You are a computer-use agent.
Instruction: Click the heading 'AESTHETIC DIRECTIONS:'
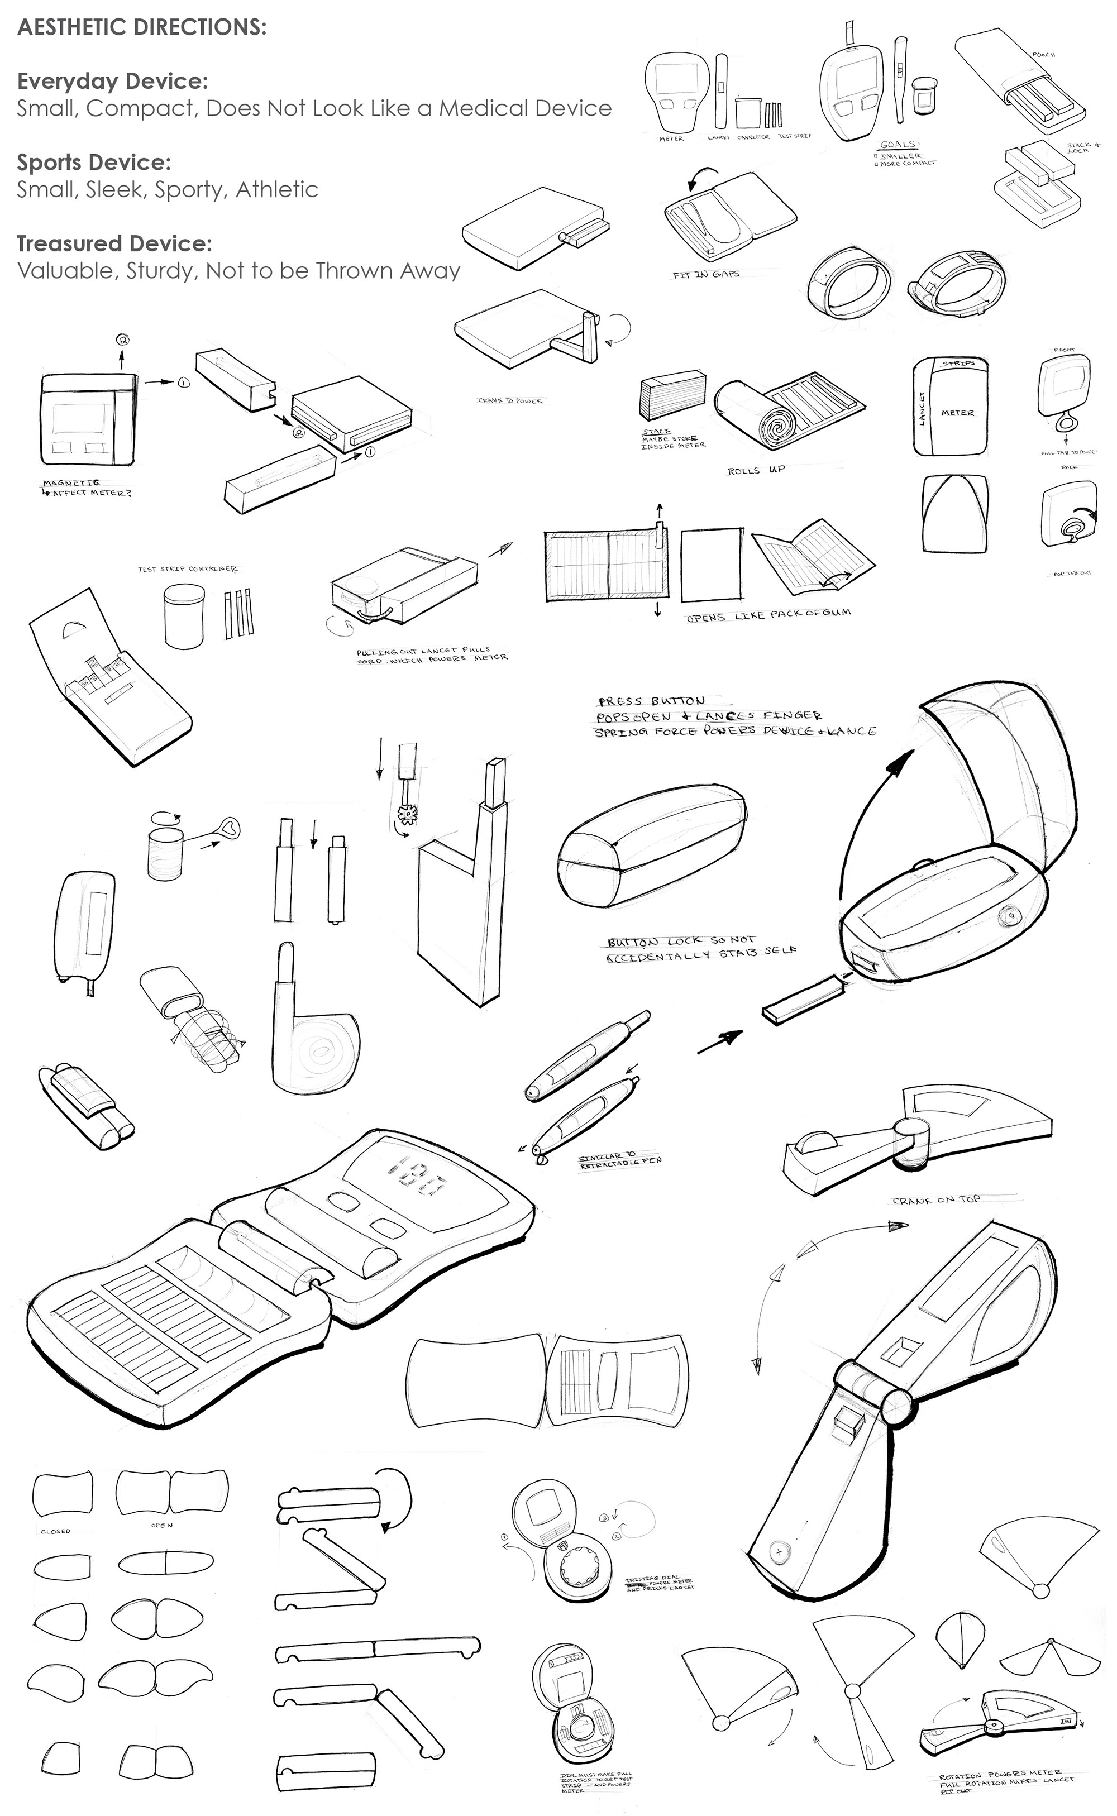[x=141, y=27]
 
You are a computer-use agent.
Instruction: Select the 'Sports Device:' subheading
[x=94, y=163]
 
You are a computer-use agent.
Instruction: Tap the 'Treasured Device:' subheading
[x=114, y=243]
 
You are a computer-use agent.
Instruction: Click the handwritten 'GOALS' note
[x=898, y=145]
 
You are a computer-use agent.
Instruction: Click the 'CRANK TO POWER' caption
[x=510, y=401]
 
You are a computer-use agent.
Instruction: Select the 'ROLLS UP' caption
[x=756, y=470]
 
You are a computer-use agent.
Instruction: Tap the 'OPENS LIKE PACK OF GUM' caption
[x=768, y=615]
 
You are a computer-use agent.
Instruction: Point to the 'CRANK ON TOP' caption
[x=936, y=1200]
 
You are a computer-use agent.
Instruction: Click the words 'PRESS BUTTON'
[x=652, y=701]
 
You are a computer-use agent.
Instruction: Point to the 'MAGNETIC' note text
[x=71, y=483]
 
